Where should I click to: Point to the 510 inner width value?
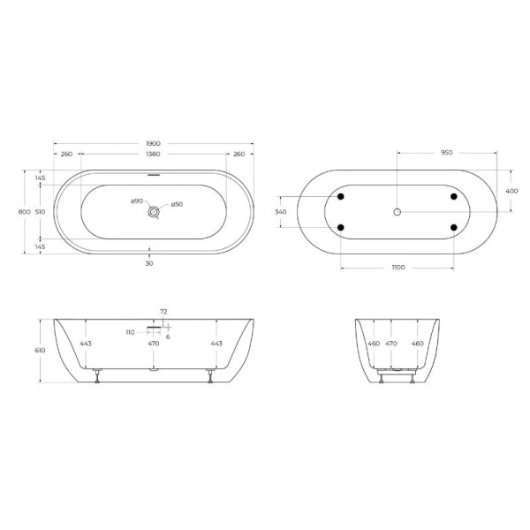pos(41,212)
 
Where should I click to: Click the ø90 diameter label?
pos(137,202)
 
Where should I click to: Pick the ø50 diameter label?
pos(177,205)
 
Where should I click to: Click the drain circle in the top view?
pos(155,212)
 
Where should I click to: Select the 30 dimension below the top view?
pos(149,262)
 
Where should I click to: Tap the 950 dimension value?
pos(446,153)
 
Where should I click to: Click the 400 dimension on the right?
pos(511,191)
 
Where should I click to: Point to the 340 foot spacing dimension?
pos(281,212)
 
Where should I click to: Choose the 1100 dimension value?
pos(397,267)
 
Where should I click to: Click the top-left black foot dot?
pos(341,196)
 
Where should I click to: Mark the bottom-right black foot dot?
pos(454,228)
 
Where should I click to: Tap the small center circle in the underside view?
pos(397,212)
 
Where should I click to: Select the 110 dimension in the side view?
pos(129,331)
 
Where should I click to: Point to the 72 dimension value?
pos(163,312)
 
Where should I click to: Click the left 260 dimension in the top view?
pos(66,155)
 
